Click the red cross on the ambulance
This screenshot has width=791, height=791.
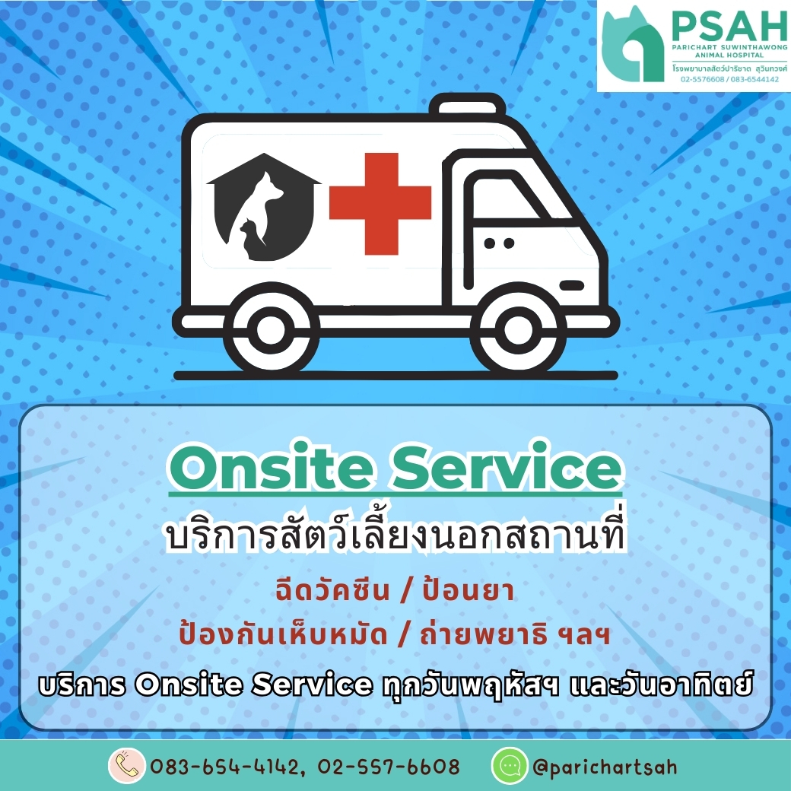380,203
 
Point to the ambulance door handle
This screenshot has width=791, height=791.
571,286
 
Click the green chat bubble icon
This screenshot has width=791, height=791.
510,766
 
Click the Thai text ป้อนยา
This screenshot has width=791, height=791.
469,589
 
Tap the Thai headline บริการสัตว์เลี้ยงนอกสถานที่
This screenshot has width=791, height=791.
395,534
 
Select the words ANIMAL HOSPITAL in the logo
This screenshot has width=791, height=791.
729,55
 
